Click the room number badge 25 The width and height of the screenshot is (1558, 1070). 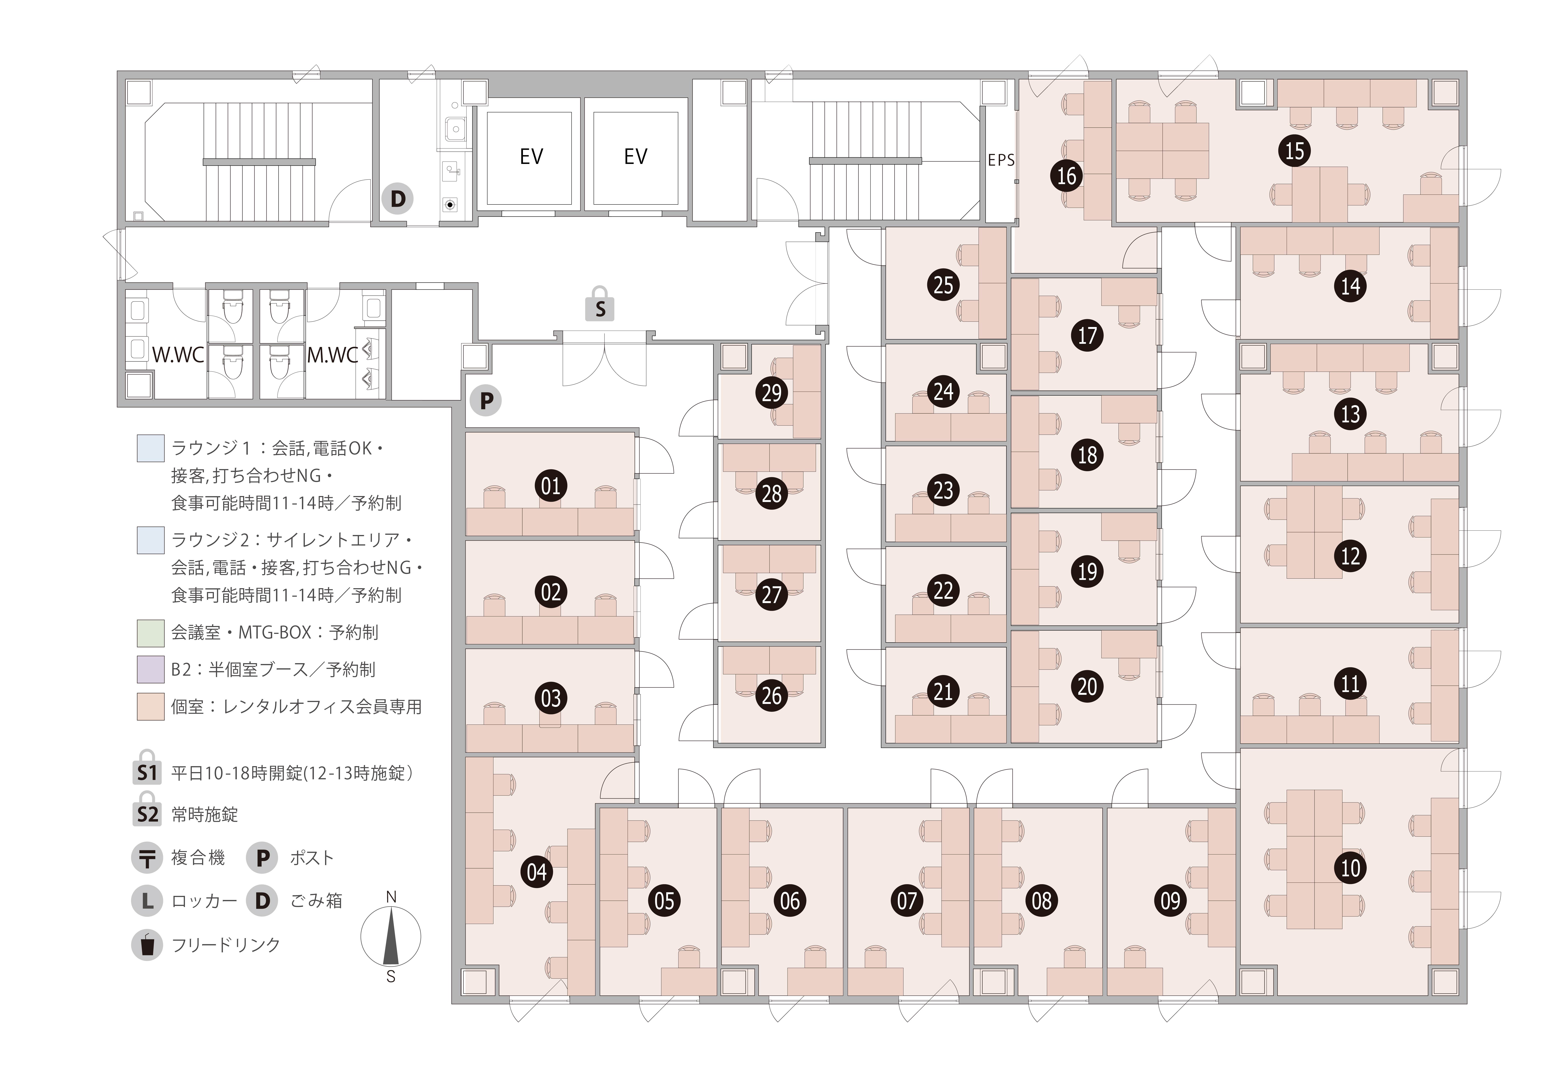click(x=943, y=285)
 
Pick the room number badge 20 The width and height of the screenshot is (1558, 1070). click(x=1087, y=687)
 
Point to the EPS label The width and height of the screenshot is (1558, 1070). click(x=1001, y=160)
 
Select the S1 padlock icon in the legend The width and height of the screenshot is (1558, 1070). click(x=147, y=768)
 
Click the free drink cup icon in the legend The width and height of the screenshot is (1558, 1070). click(x=147, y=945)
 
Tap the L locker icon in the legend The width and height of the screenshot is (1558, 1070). click(x=147, y=901)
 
